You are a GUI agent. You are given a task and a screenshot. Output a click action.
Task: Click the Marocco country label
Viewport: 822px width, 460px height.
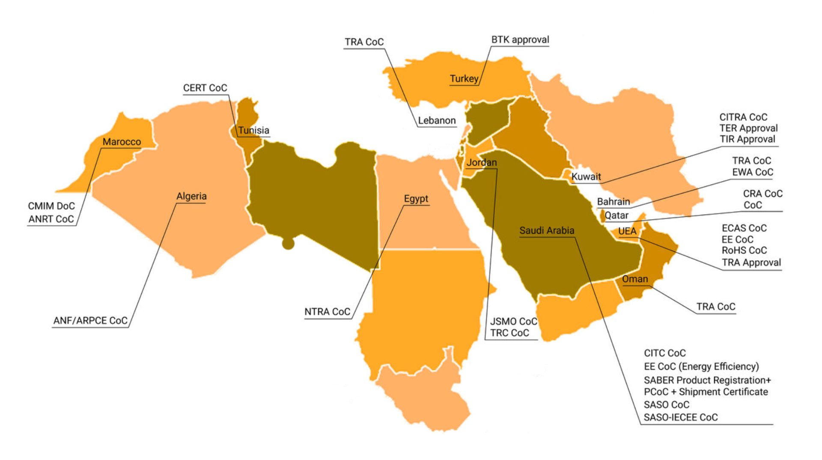122,142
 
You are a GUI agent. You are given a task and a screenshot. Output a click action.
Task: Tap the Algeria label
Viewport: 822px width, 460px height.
191,196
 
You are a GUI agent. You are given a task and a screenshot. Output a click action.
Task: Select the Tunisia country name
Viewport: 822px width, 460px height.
253,130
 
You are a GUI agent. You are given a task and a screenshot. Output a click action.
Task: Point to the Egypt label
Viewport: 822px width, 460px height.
416,199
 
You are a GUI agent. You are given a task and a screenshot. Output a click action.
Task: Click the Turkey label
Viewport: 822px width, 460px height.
464,79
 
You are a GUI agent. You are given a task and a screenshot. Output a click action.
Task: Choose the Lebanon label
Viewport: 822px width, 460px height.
437,120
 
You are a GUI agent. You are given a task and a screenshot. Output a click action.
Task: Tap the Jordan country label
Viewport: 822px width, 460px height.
481,162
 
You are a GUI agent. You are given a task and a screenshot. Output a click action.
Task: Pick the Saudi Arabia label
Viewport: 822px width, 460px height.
547,230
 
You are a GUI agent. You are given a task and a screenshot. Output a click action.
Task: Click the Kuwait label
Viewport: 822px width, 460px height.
586,176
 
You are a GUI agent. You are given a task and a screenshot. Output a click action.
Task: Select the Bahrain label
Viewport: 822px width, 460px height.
613,202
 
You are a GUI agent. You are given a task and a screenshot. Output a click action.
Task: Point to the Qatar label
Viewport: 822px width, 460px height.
616,215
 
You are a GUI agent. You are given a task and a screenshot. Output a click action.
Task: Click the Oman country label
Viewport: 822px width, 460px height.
634,279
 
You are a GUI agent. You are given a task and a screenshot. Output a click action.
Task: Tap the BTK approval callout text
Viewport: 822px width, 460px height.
520,40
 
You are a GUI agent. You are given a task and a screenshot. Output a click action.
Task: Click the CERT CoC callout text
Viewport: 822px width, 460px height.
205,88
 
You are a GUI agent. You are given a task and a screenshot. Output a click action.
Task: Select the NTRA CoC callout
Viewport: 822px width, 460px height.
327,312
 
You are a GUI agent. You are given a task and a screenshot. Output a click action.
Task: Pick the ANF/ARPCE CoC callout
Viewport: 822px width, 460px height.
90,321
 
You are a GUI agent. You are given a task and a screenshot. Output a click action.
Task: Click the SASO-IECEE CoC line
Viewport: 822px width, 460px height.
680,417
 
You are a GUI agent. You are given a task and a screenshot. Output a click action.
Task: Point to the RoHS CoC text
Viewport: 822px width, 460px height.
744,250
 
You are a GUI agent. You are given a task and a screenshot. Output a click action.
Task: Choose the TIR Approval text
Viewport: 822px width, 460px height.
747,139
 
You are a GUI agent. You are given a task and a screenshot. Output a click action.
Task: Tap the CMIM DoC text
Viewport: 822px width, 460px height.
51,206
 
